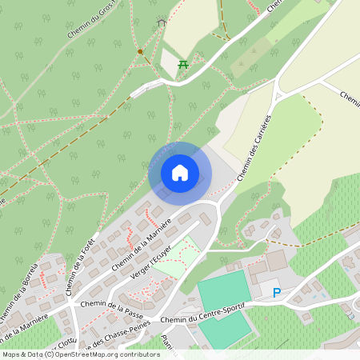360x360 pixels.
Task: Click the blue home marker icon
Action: click(x=180, y=173)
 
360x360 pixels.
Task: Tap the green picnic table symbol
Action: click(x=183, y=64)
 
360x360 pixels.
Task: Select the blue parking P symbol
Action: click(x=277, y=293)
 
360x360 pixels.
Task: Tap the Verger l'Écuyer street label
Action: click(x=151, y=263)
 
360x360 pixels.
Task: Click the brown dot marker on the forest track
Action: click(x=140, y=52)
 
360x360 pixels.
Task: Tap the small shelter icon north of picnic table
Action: click(x=162, y=23)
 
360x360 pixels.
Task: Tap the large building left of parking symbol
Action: click(x=275, y=262)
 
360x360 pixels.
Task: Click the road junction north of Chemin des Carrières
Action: click(x=278, y=94)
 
